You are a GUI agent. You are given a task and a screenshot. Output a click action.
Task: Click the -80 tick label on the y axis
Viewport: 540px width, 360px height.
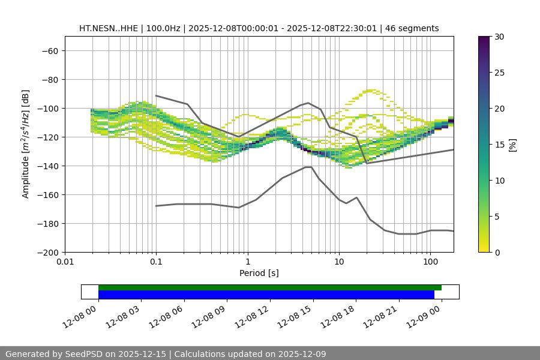[49, 79]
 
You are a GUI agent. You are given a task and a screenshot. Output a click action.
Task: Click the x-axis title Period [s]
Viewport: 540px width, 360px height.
[259, 273]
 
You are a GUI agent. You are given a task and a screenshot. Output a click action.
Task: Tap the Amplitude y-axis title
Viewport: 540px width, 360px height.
[26, 144]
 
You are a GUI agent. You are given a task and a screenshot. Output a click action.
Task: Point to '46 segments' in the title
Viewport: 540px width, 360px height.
[412, 28]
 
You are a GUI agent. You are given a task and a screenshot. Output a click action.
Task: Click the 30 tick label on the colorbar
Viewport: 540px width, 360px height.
[499, 37]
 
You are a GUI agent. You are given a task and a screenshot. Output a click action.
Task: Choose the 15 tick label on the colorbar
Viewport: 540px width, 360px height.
[499, 145]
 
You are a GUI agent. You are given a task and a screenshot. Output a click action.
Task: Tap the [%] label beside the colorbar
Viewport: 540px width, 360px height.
[512, 145]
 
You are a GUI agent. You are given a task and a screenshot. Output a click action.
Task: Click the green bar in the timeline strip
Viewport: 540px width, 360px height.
[270, 287]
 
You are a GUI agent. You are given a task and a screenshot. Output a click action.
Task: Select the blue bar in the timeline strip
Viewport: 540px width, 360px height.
[266, 295]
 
